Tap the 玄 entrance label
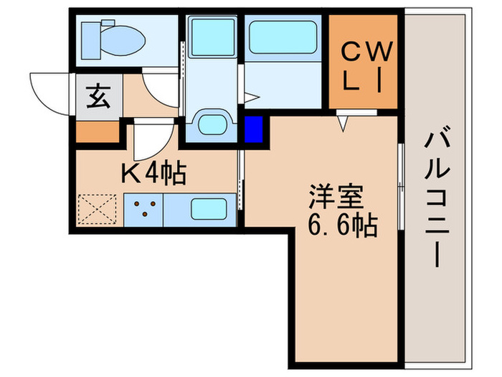tap(99, 96)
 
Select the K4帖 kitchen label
tap(153, 173)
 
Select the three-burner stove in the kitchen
tap(144, 210)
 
